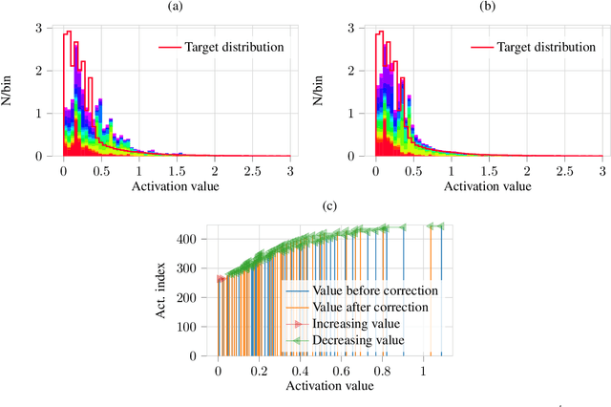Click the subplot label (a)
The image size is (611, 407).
(175, 7)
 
